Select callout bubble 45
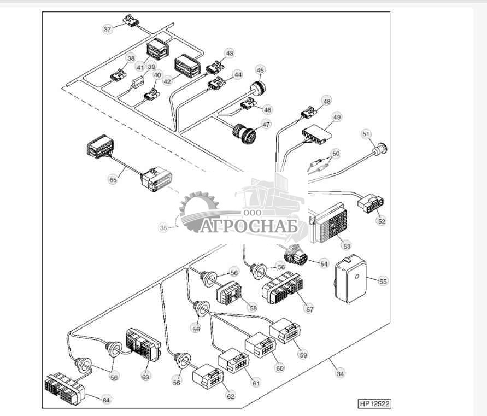pyautogui.click(x=260, y=70)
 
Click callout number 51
pyautogui.click(x=366, y=133)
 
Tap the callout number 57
pyautogui.click(x=310, y=309)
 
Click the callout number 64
pyautogui.click(x=107, y=400)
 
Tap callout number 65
pyautogui.click(x=113, y=179)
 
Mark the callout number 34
pyautogui.click(x=341, y=374)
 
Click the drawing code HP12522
pyautogui.click(x=375, y=404)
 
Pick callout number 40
pyautogui.click(x=157, y=75)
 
